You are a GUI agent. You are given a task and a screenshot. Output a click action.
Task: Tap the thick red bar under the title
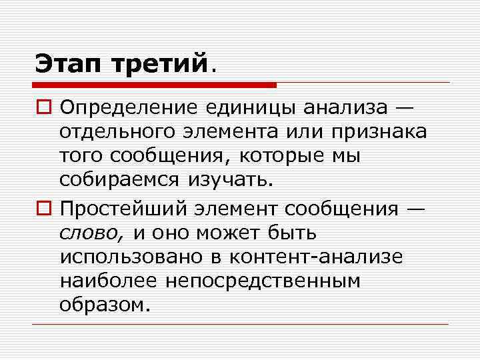coord(154,85)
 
